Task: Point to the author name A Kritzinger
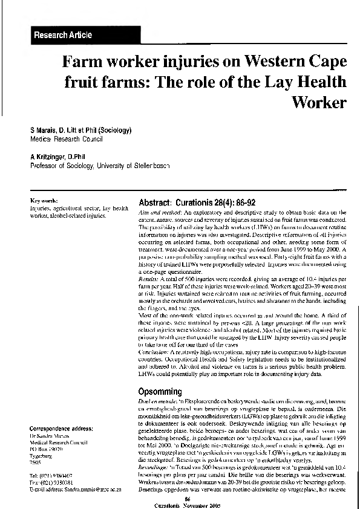(x=48, y=157)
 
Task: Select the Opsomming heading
(x=160, y=391)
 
